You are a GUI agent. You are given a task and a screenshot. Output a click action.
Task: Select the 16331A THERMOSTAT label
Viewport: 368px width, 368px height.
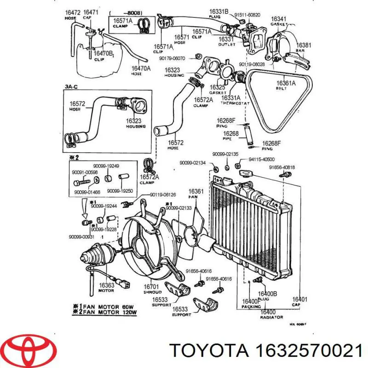[x=234, y=100]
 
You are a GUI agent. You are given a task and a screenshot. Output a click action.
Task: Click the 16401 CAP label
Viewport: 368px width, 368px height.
[x=299, y=302]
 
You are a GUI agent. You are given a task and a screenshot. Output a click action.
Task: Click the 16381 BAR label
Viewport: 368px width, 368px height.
[x=303, y=48]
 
